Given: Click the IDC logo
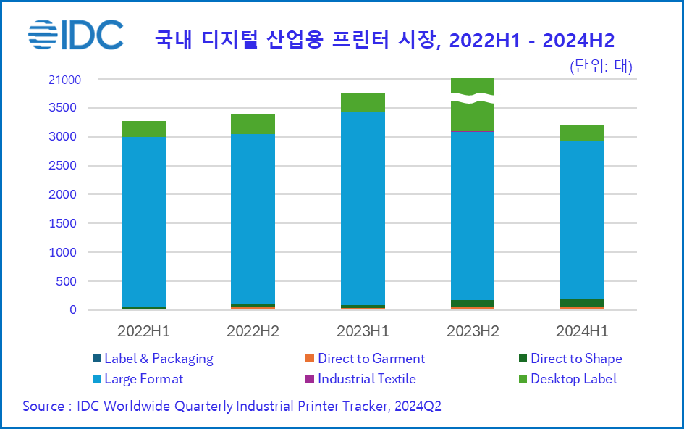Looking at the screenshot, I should (x=76, y=33).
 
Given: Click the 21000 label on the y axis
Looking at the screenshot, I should (x=64, y=80).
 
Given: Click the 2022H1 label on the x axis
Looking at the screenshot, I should (x=143, y=331).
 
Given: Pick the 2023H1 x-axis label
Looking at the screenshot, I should (x=363, y=331).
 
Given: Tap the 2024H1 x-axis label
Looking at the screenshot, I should (x=582, y=331).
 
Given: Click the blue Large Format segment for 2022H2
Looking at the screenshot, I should (x=253, y=217).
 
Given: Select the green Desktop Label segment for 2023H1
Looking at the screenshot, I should (x=363, y=103).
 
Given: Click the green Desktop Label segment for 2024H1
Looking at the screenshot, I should (x=582, y=133).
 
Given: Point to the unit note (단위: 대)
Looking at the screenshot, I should (x=601, y=67).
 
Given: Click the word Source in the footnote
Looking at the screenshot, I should (x=43, y=407).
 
